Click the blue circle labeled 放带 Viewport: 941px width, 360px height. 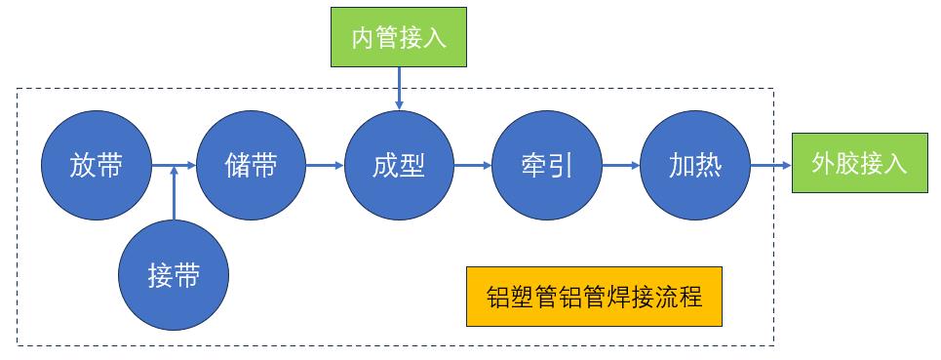pyautogui.click(x=97, y=166)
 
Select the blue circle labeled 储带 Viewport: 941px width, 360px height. pyautogui.click(x=251, y=166)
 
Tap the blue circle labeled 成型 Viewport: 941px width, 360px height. pyautogui.click(x=399, y=166)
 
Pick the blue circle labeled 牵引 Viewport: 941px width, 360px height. pyautogui.click(x=547, y=166)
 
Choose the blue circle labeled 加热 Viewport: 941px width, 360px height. pyautogui.click(x=695, y=166)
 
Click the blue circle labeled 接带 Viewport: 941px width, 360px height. pyautogui.click(x=174, y=276)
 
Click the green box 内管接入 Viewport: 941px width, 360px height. pyautogui.click(x=399, y=38)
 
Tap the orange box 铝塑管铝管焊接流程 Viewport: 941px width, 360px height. pyautogui.click(x=594, y=297)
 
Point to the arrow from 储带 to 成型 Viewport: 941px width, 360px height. pyautogui.click(x=324, y=166)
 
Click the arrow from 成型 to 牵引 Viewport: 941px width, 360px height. pyautogui.click(x=472, y=166)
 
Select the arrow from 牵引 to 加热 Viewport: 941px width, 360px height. pyautogui.click(x=620, y=166)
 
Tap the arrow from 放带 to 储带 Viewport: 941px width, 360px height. pyautogui.click(x=174, y=166)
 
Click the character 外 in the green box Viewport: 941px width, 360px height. pyautogui.click(x=824, y=165)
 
